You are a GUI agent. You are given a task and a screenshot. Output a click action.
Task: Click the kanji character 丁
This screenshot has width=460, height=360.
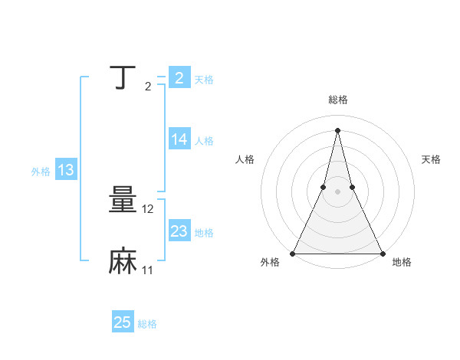(x=123, y=77)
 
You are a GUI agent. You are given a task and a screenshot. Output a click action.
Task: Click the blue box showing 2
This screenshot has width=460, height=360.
(x=179, y=78)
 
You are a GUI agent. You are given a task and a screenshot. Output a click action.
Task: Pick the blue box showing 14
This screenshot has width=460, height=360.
(x=179, y=139)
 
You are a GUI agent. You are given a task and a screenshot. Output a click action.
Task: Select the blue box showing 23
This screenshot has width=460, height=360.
(x=179, y=231)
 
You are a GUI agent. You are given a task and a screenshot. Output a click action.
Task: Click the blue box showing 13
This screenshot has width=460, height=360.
(x=66, y=170)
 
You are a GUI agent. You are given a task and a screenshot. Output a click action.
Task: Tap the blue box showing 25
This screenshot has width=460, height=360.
(x=123, y=322)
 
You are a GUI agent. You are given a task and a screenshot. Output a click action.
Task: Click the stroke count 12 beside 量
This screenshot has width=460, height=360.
(x=149, y=209)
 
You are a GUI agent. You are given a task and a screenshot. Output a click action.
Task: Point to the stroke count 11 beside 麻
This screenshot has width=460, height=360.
(x=147, y=270)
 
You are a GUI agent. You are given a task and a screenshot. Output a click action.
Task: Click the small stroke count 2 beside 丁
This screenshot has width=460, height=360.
(x=147, y=86)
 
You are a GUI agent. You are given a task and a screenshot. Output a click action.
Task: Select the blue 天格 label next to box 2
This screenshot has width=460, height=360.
(x=204, y=80)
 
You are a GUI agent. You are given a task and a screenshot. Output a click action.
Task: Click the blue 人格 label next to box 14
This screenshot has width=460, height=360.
(x=204, y=141)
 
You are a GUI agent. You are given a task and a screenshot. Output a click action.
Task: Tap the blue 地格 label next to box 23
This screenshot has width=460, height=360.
(x=204, y=233)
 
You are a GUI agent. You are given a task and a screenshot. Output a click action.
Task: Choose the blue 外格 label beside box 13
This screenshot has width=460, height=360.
(x=41, y=172)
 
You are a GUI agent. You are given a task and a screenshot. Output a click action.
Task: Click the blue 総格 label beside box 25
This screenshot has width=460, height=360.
(x=147, y=324)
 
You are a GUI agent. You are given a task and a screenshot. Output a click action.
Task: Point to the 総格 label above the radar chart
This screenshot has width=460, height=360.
(x=337, y=100)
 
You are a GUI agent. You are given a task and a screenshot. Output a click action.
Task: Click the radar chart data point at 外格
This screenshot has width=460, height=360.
(x=294, y=254)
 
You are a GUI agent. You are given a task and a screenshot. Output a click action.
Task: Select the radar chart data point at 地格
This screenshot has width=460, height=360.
(x=382, y=254)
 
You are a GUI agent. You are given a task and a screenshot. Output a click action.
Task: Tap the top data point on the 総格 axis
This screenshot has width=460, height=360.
(x=337, y=129)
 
